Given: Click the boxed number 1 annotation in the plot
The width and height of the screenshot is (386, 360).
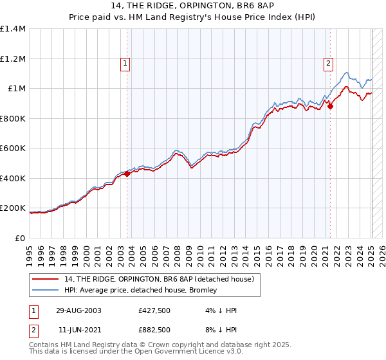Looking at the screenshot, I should [124, 63].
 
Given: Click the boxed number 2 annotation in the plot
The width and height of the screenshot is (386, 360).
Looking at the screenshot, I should [328, 63].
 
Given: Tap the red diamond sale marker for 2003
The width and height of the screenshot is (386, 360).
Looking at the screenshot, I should [127, 173].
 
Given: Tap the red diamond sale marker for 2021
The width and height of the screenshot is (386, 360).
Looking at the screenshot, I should [330, 107].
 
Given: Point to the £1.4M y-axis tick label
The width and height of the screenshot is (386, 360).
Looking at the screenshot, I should [12, 29].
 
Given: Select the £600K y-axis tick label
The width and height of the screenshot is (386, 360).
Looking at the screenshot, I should [12, 148].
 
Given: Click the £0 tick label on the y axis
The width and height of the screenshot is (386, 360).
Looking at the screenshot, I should [21, 239].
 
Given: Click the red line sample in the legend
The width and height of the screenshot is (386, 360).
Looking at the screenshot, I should [45, 279].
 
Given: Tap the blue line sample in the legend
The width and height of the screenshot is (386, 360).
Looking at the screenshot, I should [45, 291].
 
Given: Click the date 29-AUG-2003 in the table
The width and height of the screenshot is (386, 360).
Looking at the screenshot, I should [78, 310].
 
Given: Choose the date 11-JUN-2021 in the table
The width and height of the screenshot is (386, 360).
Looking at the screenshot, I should [77, 330].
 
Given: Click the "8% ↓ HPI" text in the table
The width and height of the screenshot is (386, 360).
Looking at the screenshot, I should [217, 330].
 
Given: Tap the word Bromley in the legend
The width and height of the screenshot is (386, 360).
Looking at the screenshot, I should [226, 291].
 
